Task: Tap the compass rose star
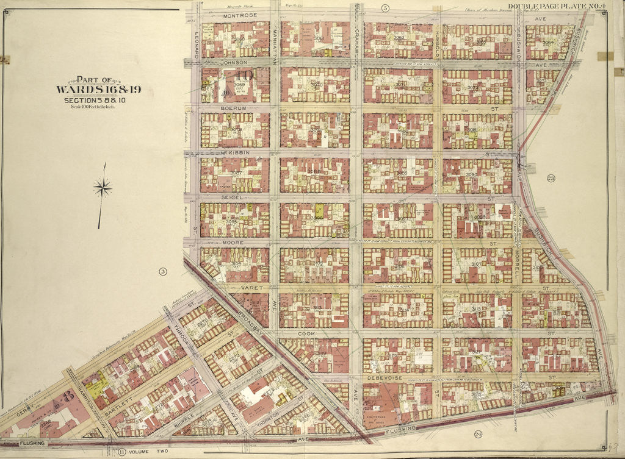coord(103,188)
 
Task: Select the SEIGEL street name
coord(232,197)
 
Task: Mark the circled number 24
coord(478,433)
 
